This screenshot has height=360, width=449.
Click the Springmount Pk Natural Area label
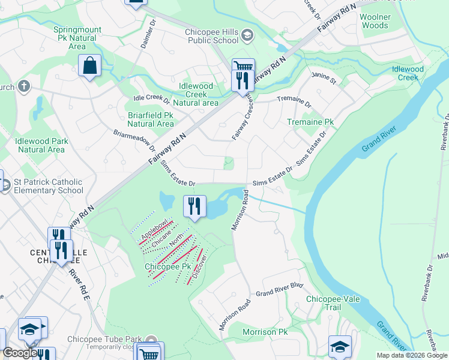[77, 37]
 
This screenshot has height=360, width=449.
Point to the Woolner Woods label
[375, 22]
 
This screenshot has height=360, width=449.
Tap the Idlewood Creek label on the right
[408, 73]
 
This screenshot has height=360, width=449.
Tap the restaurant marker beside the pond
[194, 207]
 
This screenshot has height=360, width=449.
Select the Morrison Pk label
[265, 332]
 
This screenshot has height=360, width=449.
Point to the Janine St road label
[324, 79]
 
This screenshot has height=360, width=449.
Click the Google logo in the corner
[19, 353]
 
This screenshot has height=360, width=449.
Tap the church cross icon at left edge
[24, 86]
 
